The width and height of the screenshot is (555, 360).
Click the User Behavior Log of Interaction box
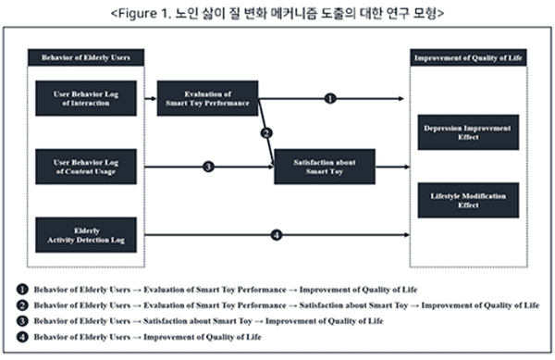(86, 98)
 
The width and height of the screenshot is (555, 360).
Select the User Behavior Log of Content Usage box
(86, 167)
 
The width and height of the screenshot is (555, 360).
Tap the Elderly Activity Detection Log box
(86, 234)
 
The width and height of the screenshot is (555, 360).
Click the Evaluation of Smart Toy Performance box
(207, 98)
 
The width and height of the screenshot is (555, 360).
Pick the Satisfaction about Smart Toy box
(325, 167)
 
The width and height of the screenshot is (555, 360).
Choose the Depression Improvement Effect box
(468, 131)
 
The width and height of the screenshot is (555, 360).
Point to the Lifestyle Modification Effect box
(468, 200)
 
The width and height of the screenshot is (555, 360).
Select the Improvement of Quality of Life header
(468, 58)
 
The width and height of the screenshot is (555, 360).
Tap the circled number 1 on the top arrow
(331, 97)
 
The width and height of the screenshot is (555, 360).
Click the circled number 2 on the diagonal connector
(265, 133)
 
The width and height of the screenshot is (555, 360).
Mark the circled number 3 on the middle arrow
(208, 167)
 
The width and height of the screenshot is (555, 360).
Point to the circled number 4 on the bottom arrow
(276, 234)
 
